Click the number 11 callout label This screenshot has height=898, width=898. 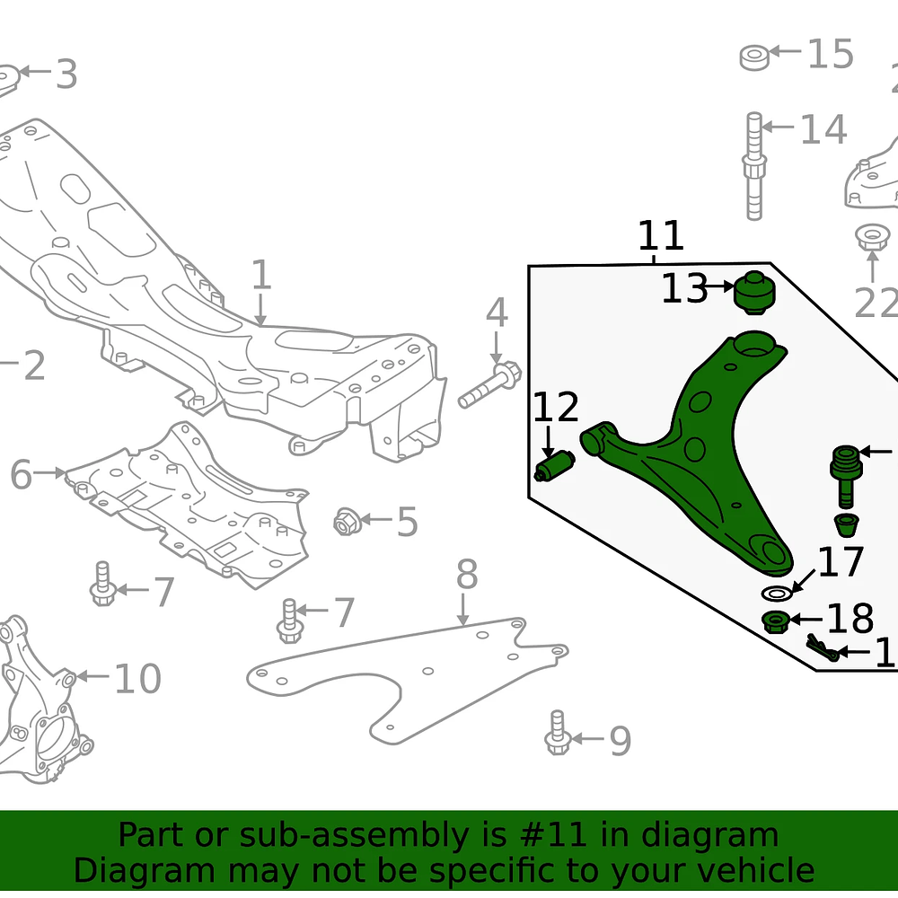(661, 236)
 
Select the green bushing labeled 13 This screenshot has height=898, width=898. (755, 294)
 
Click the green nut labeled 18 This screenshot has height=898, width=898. (776, 621)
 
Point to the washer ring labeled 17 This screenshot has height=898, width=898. (777, 594)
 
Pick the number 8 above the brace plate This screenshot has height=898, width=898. (466, 576)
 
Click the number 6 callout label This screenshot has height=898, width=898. (22, 473)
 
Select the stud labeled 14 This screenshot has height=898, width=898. (754, 166)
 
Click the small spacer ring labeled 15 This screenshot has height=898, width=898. (754, 57)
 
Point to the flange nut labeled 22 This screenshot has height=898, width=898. (869, 239)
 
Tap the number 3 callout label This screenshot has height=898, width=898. (66, 75)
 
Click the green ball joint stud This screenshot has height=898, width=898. (845, 476)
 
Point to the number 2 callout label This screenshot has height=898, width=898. (33, 365)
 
